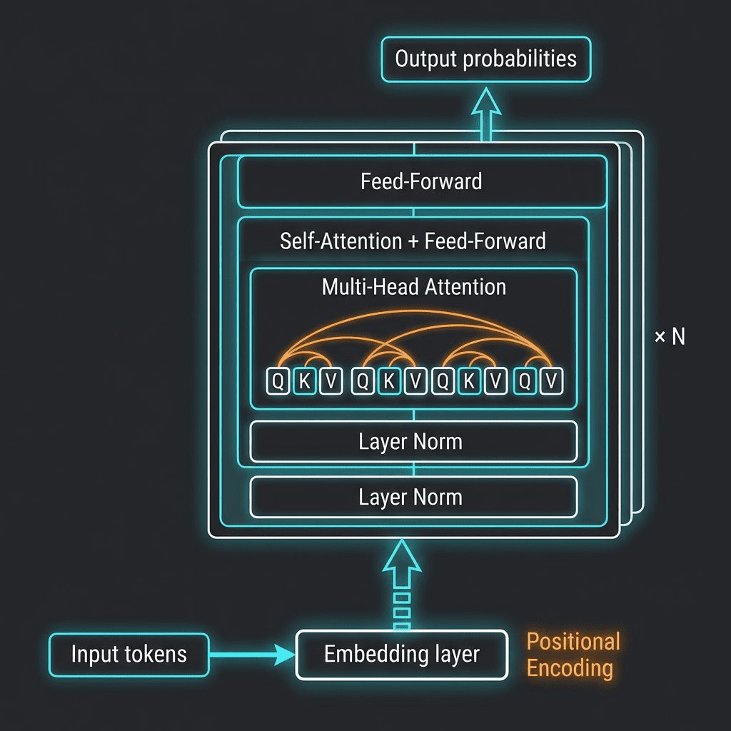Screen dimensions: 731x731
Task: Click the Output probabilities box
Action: point(486,59)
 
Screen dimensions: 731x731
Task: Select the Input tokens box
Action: point(128,654)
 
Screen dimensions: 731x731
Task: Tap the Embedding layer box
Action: point(401,654)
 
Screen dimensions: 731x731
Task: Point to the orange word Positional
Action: point(573,641)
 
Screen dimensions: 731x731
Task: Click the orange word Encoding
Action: point(570,668)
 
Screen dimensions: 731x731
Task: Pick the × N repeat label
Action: point(670,337)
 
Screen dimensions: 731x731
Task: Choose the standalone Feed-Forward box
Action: point(421,181)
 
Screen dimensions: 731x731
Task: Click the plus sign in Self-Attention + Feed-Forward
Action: point(413,241)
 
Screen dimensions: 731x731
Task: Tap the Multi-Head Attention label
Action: point(414,287)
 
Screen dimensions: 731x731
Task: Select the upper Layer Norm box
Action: point(413,442)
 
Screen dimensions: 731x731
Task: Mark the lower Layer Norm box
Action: point(413,497)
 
